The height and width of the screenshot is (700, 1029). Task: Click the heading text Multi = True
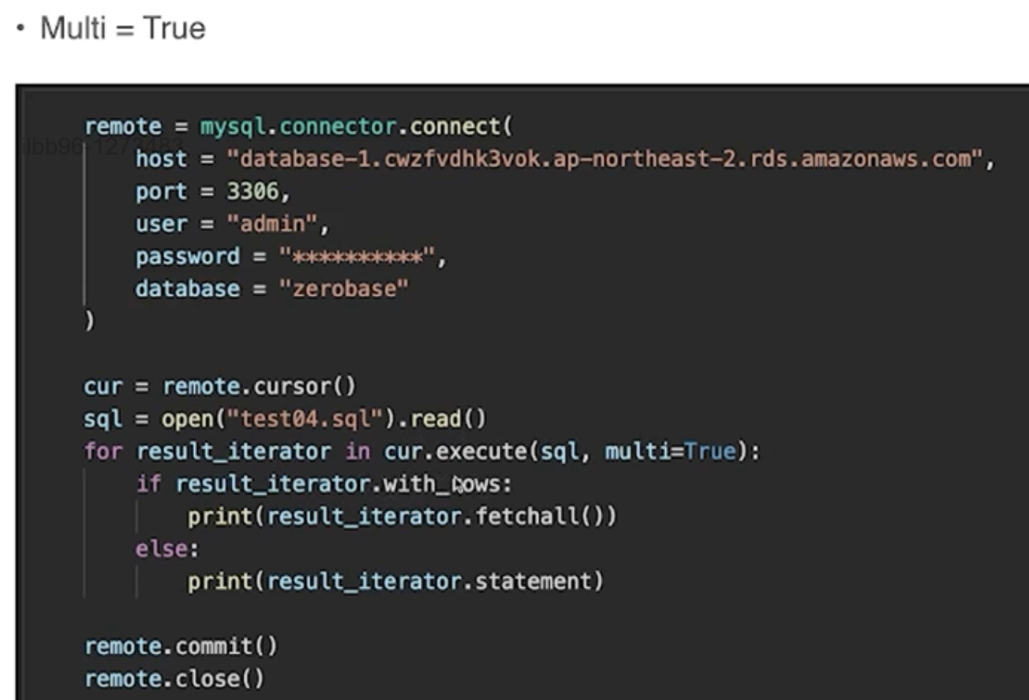click(122, 29)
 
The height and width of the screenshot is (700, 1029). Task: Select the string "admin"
click(272, 224)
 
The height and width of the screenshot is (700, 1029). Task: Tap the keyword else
click(162, 549)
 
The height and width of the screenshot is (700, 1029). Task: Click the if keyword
click(148, 484)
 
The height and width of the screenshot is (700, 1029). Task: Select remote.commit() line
click(181, 646)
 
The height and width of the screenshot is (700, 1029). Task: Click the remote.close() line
click(174, 679)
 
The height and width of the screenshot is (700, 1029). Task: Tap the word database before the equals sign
click(187, 289)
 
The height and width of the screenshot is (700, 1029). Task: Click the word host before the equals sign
click(161, 159)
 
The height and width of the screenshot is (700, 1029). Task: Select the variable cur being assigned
click(103, 387)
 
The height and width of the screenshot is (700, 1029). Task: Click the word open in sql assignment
click(187, 419)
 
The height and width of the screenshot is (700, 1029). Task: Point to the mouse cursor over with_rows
click(460, 484)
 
